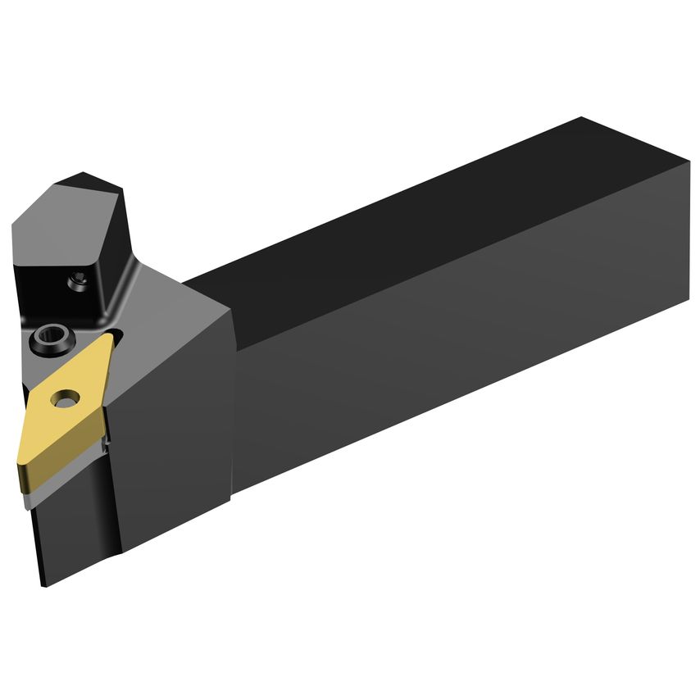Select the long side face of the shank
(459, 344)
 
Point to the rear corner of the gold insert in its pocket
(111, 336)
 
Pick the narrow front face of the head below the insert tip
(37, 533)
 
